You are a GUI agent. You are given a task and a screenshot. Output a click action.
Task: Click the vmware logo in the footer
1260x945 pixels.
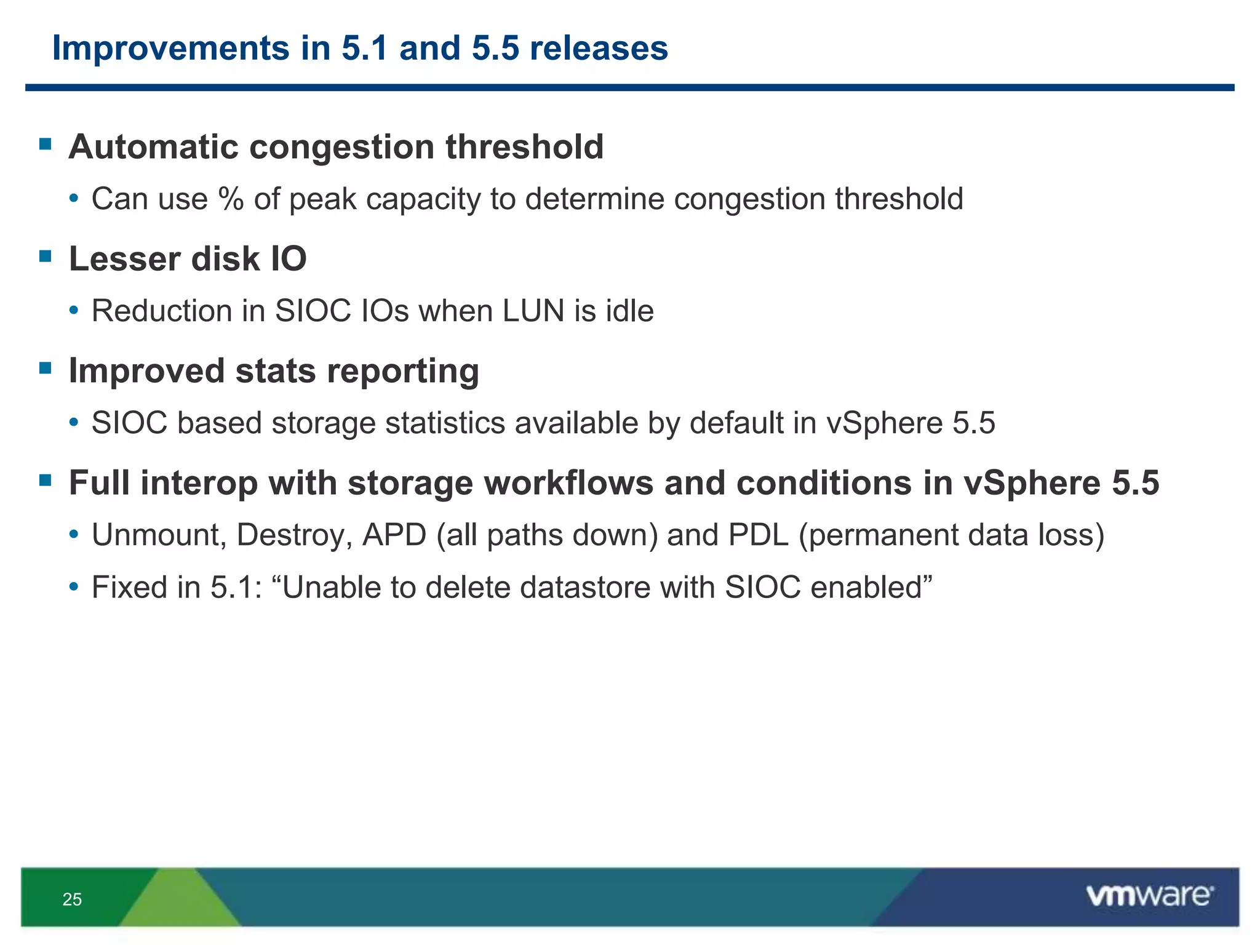1149,896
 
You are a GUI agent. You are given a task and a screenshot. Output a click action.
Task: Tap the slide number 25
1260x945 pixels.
72,899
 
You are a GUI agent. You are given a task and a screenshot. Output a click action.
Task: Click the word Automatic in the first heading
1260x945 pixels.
153,147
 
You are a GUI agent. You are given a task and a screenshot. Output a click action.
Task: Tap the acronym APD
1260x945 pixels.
394,535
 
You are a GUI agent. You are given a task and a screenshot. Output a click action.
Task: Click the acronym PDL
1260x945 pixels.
758,535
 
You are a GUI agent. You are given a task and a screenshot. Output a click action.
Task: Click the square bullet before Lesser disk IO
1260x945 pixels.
45,256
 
